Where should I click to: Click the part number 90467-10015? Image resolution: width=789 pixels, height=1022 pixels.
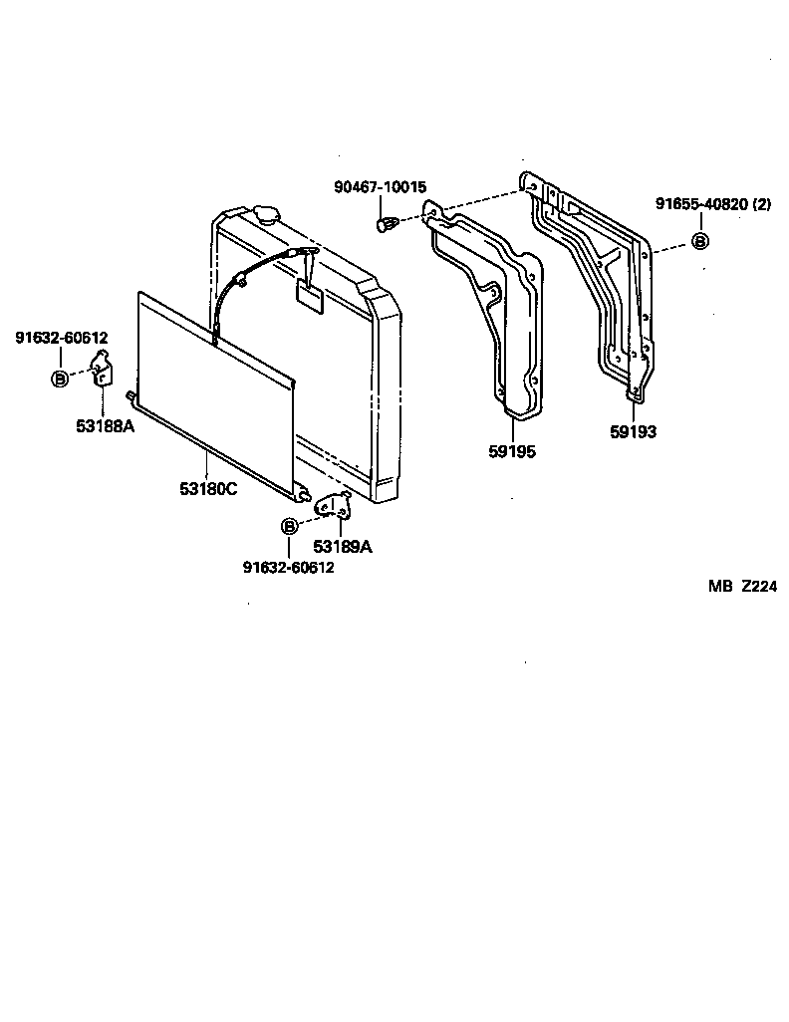click(x=380, y=187)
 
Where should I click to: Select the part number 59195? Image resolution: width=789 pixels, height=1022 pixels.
click(x=512, y=452)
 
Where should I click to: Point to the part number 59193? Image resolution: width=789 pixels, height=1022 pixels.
click(x=633, y=432)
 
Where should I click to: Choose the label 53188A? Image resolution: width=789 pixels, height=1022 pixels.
click(x=105, y=425)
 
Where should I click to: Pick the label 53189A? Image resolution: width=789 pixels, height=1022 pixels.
click(x=343, y=546)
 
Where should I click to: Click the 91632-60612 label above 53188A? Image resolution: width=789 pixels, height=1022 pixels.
click(x=61, y=339)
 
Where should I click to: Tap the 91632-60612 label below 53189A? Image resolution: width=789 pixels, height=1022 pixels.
click(x=288, y=568)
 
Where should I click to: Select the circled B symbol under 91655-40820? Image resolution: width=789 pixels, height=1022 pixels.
click(x=699, y=241)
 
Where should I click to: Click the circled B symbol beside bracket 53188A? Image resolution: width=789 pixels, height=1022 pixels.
click(x=59, y=379)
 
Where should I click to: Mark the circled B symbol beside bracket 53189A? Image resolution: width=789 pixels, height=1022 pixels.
click(x=289, y=526)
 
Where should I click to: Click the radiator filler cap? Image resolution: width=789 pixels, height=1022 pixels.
click(x=268, y=213)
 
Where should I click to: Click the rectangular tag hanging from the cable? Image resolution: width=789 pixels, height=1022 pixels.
click(x=310, y=296)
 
